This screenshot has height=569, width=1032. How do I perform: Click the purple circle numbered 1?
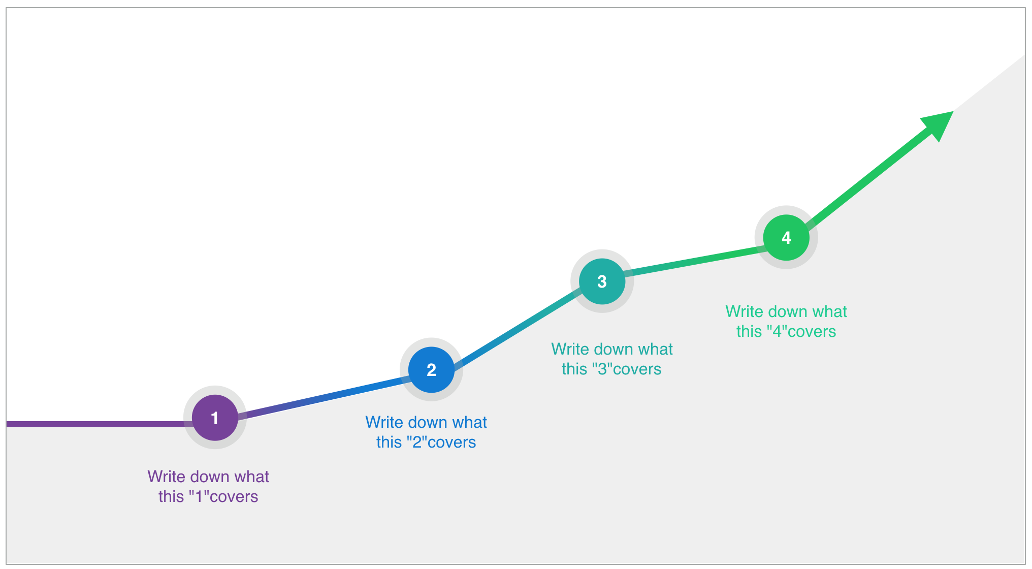point(215,418)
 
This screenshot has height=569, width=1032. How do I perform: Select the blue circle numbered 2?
point(431,370)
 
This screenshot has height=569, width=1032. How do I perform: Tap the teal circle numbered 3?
point(602,281)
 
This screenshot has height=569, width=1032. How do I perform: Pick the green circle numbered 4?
point(786,238)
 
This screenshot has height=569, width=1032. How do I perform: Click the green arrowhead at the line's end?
point(940,124)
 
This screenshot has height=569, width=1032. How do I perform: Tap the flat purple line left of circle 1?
point(100,424)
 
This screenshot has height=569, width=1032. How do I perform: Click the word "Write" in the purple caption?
point(166,477)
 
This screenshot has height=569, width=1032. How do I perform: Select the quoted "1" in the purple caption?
point(198,496)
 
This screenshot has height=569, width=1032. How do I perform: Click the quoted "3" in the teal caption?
point(602,369)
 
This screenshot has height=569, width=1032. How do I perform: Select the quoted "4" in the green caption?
point(777,331)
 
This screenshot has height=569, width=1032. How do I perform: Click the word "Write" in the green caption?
point(745,311)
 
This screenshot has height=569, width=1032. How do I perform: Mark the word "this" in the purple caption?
point(171,496)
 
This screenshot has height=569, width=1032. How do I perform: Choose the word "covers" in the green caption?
point(811,332)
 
